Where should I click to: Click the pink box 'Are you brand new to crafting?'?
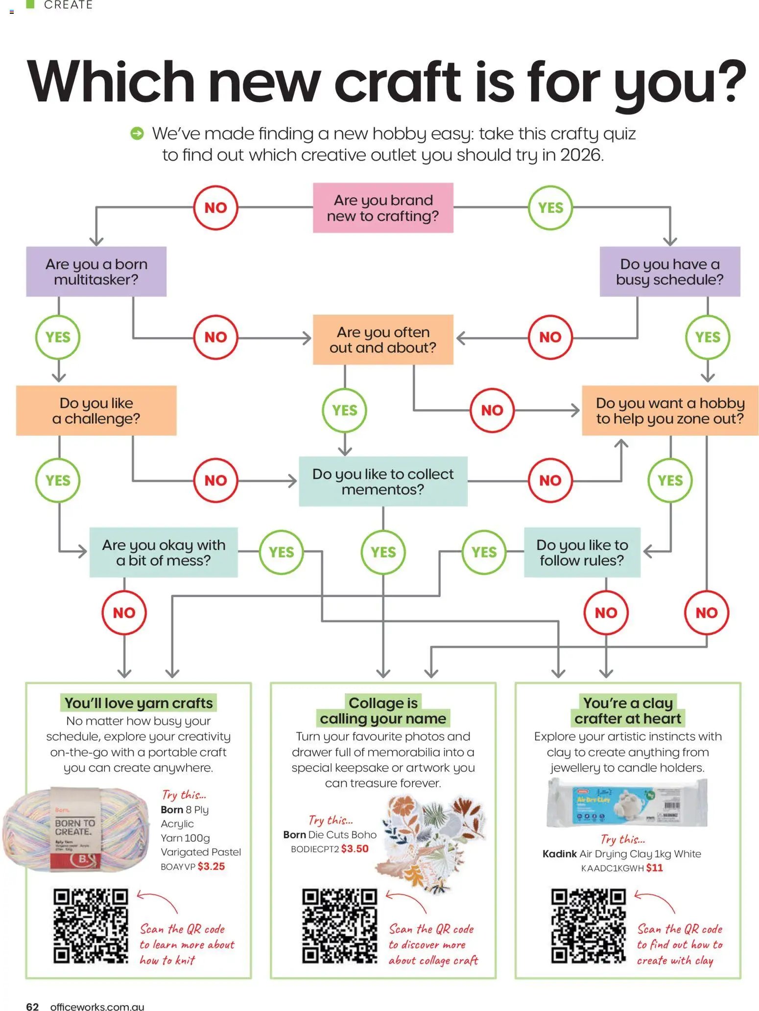(x=383, y=208)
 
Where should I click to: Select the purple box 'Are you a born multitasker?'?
(x=96, y=272)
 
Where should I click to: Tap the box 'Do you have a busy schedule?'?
(x=669, y=272)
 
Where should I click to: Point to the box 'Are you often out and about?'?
(x=383, y=340)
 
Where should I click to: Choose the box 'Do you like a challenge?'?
(x=96, y=411)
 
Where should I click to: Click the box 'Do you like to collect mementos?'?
(x=383, y=482)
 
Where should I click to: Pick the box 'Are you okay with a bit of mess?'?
(x=164, y=552)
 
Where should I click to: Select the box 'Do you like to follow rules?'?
(x=582, y=552)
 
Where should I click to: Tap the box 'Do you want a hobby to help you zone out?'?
(x=670, y=411)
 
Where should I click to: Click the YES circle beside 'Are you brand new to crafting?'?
(x=550, y=208)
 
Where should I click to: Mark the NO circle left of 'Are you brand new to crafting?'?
(x=215, y=208)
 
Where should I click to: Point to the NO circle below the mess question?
(x=124, y=613)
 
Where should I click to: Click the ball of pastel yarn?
(x=76, y=830)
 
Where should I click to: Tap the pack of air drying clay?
(x=627, y=803)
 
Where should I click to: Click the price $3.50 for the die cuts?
(x=355, y=849)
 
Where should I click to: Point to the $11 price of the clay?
(x=654, y=868)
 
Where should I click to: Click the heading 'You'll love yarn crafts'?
(x=139, y=703)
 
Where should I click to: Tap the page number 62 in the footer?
(x=32, y=1006)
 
